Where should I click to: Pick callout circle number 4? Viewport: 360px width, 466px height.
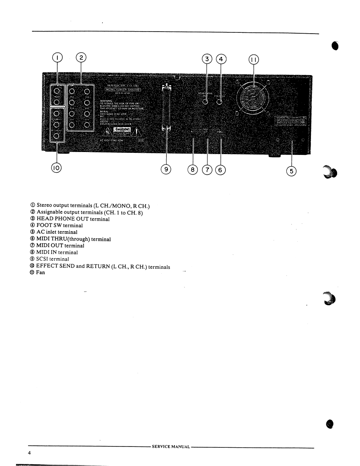click(221, 59)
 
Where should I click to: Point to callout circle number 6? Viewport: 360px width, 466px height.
click(221, 169)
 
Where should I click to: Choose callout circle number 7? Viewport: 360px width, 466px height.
click(207, 169)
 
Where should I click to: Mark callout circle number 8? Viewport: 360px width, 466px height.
click(193, 169)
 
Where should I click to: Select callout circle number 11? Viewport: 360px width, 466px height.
click(253, 60)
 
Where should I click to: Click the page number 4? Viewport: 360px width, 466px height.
click(30, 453)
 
